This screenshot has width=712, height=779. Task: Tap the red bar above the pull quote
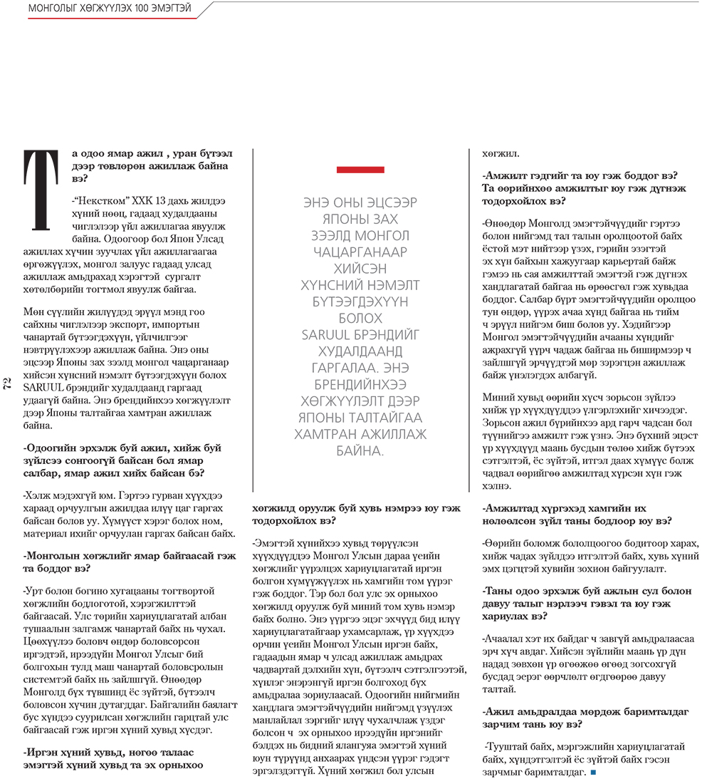click(360, 170)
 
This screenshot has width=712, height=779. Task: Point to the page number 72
click(7, 385)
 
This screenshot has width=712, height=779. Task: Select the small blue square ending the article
click(593, 772)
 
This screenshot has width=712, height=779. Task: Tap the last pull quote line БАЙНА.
click(360, 450)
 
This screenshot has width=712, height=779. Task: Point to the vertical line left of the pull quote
click(254, 321)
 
